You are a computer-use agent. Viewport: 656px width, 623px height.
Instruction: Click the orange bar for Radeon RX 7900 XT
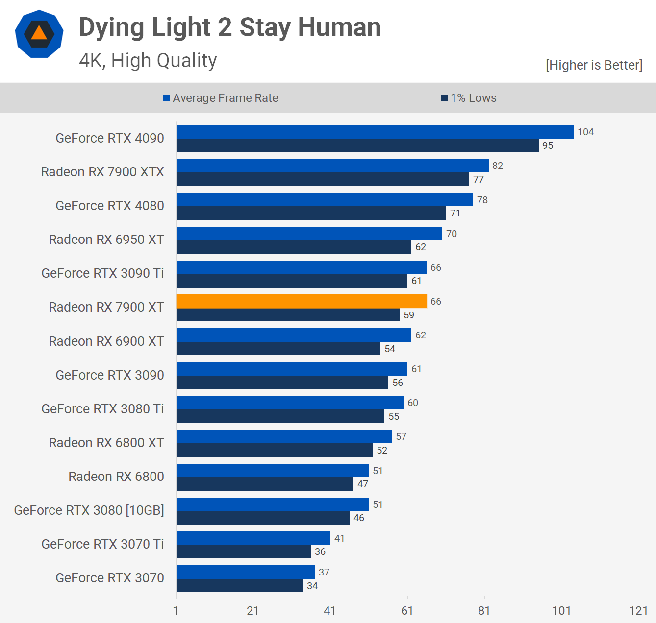(302, 301)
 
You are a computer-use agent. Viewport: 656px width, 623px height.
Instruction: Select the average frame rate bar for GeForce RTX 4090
(375, 132)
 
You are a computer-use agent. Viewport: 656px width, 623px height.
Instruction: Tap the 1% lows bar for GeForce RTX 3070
(240, 586)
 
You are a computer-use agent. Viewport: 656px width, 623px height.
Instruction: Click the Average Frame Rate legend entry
(221, 98)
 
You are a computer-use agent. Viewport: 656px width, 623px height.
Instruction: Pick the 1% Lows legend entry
(469, 98)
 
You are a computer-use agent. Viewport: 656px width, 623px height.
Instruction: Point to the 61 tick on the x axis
(407, 610)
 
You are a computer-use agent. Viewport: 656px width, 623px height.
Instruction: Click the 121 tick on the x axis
(638, 610)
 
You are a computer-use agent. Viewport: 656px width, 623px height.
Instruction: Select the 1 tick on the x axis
(176, 610)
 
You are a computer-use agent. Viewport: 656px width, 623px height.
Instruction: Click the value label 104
(585, 132)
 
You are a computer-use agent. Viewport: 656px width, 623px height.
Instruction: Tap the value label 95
(548, 145)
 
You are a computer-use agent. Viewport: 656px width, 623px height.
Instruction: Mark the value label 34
(312, 586)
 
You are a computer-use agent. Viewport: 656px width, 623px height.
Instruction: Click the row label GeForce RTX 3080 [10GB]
(89, 510)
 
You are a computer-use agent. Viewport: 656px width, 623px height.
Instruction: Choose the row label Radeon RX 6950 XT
(106, 240)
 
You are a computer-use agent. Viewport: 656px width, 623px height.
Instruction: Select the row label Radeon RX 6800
(116, 477)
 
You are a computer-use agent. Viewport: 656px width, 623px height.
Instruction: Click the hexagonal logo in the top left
(39, 34)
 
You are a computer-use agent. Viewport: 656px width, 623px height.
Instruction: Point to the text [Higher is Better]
(594, 65)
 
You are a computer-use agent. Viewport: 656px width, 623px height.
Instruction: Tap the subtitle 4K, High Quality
(148, 60)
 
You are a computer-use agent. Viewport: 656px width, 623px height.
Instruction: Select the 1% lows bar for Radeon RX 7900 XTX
(323, 179)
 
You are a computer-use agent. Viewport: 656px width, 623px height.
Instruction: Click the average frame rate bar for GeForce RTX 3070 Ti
(253, 538)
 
